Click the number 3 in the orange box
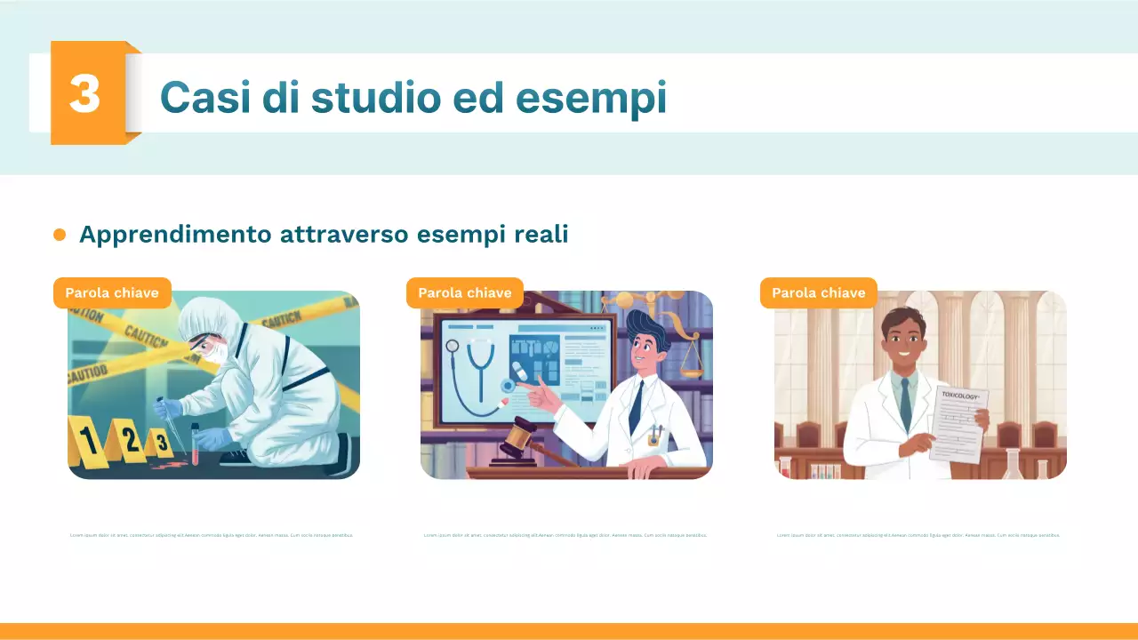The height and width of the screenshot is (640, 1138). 85,93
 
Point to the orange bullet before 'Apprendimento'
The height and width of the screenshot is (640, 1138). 60,235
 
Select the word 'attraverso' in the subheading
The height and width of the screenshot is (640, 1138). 343,235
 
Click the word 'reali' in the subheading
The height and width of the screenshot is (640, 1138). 541,235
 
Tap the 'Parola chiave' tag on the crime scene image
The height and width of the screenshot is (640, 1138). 112,292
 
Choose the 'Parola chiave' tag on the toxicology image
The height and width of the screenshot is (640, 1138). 818,292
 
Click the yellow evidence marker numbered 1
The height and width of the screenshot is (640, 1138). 88,440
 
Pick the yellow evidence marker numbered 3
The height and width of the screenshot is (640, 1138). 160,441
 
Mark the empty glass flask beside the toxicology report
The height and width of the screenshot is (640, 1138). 1013,464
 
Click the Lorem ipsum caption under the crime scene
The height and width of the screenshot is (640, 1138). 212,535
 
